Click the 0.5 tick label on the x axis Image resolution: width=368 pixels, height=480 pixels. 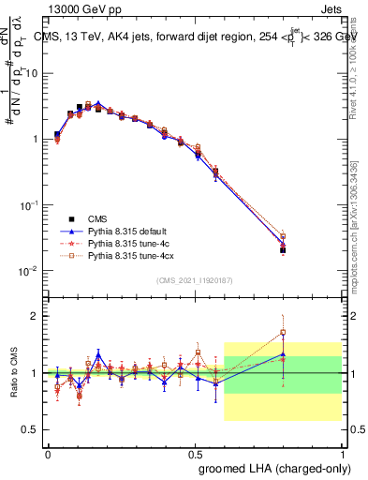click(195, 453)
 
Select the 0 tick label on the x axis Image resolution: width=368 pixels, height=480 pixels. click(48, 453)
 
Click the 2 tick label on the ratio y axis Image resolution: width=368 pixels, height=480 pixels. click(36, 316)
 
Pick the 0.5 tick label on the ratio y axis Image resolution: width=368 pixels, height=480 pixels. click(31, 429)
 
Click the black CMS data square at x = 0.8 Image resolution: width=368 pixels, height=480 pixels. click(283, 250)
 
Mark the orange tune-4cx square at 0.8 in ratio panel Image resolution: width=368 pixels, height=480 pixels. click(283, 332)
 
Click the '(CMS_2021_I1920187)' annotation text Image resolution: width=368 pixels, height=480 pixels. click(194, 281)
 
